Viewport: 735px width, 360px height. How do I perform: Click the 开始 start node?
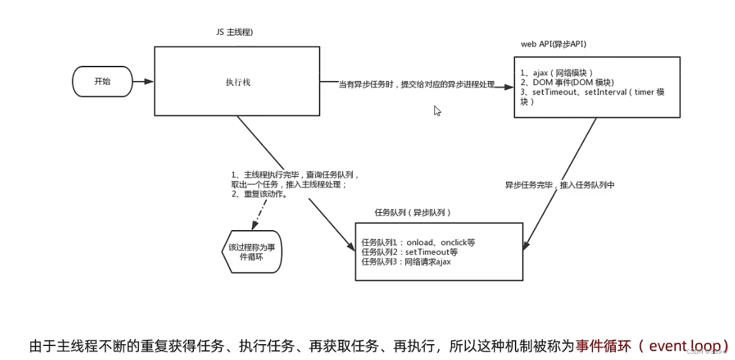pos(102,81)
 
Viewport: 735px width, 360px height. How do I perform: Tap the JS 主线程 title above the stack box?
pos(234,32)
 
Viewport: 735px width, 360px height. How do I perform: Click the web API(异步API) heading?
pos(553,44)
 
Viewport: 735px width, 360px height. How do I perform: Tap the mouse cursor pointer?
pos(438,111)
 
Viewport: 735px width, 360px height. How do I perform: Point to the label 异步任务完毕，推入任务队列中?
pos(559,185)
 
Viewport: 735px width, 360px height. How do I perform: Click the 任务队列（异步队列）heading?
pos(413,212)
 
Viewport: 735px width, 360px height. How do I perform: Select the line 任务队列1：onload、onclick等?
pos(418,242)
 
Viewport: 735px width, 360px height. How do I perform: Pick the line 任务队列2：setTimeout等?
pos(409,252)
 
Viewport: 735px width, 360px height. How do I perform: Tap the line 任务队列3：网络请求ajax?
pos(406,261)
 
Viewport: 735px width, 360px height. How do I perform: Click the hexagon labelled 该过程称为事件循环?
pos(252,252)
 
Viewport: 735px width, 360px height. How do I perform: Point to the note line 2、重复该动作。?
pos(260,195)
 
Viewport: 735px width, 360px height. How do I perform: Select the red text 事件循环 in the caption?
pos(602,346)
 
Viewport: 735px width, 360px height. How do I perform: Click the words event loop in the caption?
pos(684,346)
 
